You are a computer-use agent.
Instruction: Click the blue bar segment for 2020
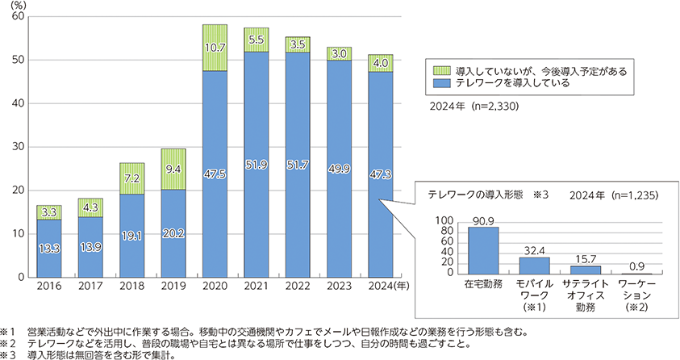pos(215,174)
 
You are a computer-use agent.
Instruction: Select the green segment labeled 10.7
pos(215,48)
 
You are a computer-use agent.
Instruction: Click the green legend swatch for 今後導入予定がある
pos(441,71)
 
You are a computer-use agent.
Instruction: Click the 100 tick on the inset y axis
pos(444,220)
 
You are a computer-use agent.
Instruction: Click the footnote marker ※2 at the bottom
pos(7,342)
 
